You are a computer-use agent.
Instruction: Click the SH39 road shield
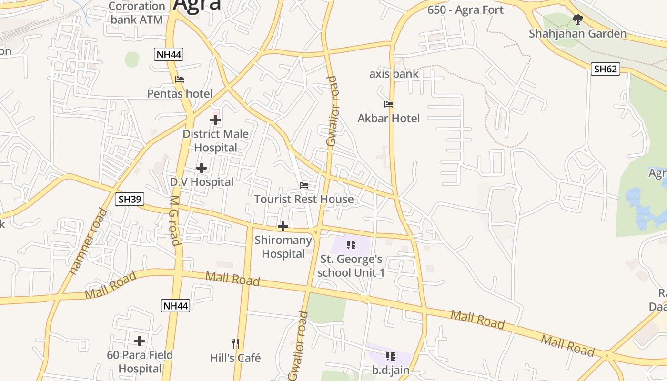130,199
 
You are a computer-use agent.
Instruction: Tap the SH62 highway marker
605,69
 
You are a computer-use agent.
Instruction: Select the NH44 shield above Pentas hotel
169,54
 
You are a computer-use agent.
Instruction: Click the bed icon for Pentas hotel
180,80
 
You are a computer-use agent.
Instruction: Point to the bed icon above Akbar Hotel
389,104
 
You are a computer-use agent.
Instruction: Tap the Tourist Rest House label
304,199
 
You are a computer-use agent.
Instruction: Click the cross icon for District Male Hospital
215,120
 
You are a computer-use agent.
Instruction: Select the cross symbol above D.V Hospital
202,168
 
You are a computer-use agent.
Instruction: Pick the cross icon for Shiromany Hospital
283,226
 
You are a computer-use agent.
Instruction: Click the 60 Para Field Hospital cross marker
140,341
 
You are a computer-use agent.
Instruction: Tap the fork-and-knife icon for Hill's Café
235,343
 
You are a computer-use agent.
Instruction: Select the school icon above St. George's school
351,245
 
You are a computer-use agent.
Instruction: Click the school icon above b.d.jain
391,356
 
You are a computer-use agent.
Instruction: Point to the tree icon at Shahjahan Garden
578,20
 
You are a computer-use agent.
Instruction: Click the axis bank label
394,74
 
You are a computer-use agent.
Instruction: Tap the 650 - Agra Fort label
465,10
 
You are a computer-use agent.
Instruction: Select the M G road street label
174,221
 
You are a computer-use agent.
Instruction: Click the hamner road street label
88,241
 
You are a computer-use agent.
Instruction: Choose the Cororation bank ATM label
137,13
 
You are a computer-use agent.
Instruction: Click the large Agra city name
197,5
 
